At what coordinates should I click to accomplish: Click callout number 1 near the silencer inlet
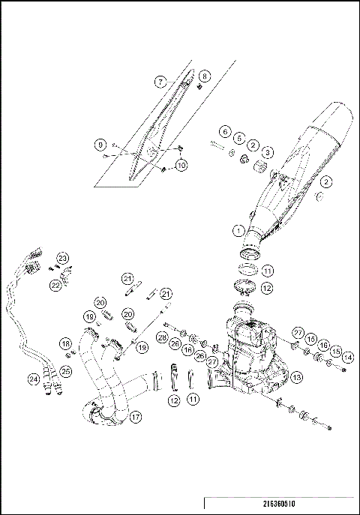[238, 231]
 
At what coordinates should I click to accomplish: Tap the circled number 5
[238, 138]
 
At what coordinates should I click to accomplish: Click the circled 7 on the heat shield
[160, 80]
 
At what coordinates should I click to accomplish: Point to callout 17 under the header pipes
[136, 416]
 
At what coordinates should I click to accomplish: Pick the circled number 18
[65, 344]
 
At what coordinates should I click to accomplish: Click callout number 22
[55, 285]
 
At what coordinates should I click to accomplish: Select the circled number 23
[62, 258]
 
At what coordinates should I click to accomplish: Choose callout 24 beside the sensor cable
[33, 379]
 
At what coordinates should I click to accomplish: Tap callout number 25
[65, 371]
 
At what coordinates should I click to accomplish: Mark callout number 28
[162, 338]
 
